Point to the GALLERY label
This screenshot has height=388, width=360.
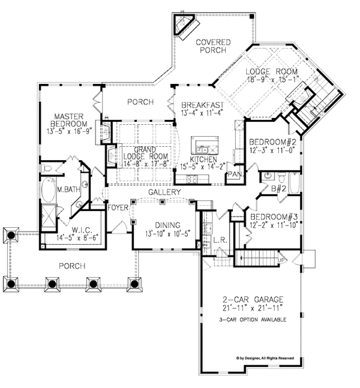(164, 192)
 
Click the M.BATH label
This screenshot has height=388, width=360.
(65, 191)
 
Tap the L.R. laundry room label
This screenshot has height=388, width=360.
(220, 240)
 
